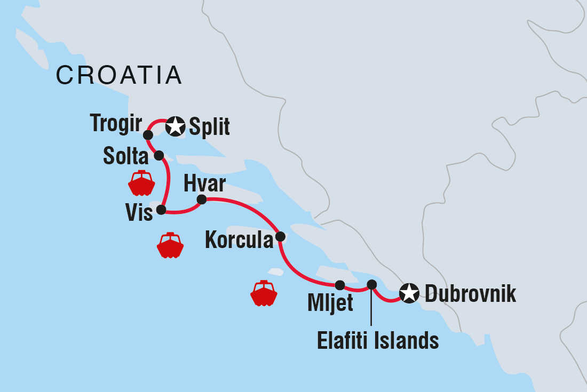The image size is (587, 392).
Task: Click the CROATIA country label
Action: (x=119, y=75)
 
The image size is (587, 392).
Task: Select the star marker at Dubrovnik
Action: (x=409, y=293)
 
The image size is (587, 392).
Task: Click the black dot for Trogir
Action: (x=148, y=135)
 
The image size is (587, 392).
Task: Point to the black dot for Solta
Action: (x=158, y=155)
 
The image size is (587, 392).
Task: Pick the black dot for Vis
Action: (x=161, y=210)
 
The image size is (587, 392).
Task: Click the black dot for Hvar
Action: (x=201, y=199)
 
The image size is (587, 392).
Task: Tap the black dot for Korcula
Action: (x=280, y=236)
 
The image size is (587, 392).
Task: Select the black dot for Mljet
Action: (x=340, y=285)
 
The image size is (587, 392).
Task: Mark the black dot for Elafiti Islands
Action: (x=372, y=284)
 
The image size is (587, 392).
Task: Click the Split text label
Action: (x=209, y=127)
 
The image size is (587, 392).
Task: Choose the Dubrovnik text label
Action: (x=470, y=294)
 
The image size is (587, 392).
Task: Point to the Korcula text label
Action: (x=239, y=241)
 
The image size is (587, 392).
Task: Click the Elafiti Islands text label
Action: (x=378, y=340)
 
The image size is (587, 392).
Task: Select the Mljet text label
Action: (x=330, y=303)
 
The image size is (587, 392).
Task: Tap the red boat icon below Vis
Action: (x=170, y=245)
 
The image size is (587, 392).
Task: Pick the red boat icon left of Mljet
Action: (x=264, y=293)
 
